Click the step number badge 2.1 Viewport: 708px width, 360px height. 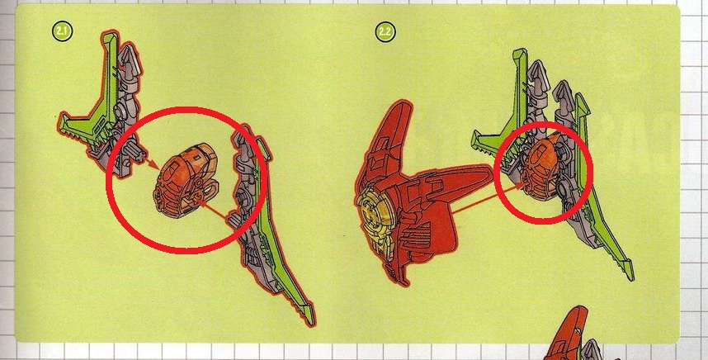click(63, 31)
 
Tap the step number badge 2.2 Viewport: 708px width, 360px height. click(385, 32)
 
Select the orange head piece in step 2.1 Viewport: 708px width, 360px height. click(185, 180)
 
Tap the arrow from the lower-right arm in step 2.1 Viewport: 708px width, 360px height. click(212, 211)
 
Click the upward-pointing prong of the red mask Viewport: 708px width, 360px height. click(392, 131)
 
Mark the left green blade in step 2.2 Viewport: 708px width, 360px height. click(506, 113)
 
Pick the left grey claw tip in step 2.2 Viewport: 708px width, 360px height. click(538, 73)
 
